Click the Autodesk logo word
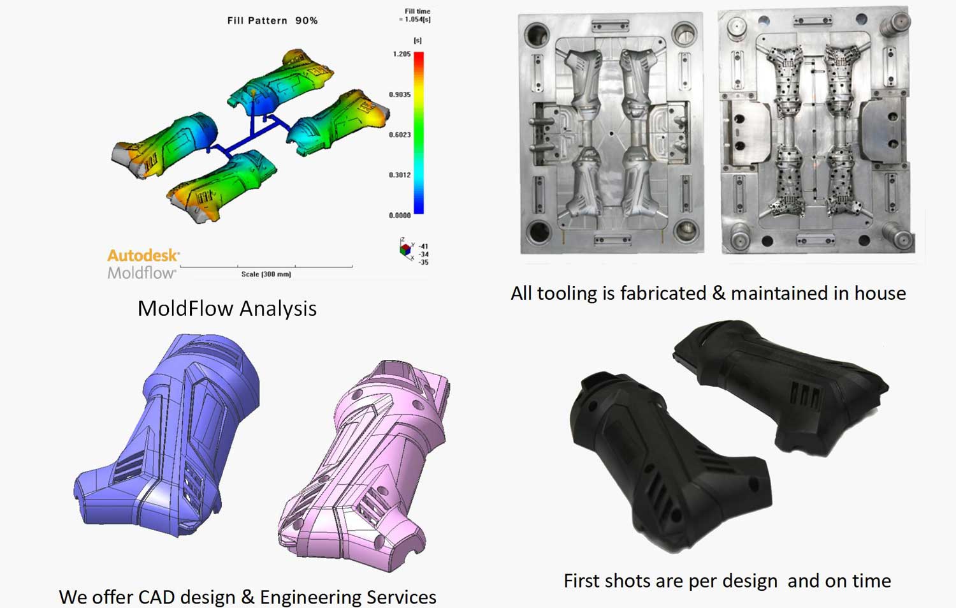tap(143, 255)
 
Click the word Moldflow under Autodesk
tap(141, 273)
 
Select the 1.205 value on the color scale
tap(402, 54)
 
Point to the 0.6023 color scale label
tap(400, 135)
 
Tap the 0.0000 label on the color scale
tap(400, 216)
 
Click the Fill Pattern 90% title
tap(272, 20)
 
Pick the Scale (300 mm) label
tap(266, 274)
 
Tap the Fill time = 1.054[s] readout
tap(416, 15)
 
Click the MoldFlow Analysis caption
tap(227, 308)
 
